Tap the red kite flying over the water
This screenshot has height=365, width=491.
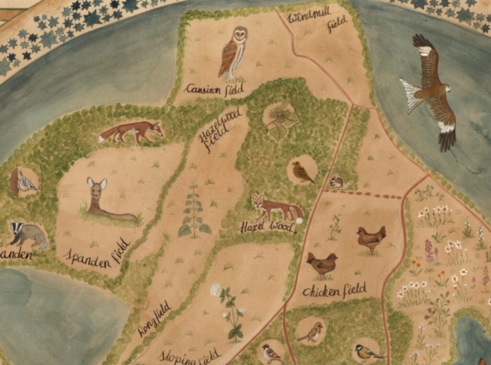(430, 90)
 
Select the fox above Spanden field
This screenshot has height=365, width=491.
(132, 133)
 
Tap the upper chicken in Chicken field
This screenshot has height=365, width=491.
(371, 239)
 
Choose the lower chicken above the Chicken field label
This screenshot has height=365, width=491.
(321, 265)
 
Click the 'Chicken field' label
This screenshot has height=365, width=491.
(334, 290)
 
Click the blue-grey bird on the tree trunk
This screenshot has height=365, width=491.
(25, 182)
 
